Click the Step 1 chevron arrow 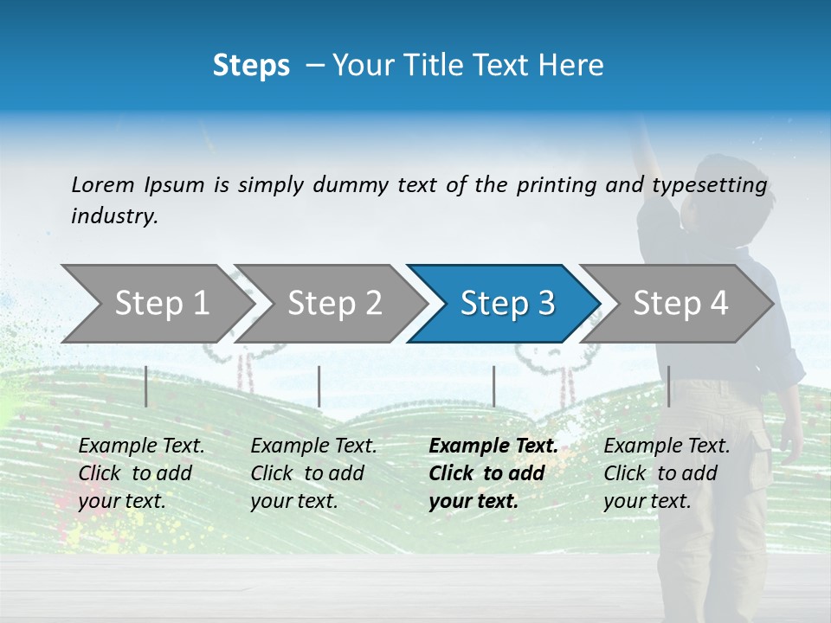pos(156,304)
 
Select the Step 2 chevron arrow pos(334,304)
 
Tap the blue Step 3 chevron pos(506,304)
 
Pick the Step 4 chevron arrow pos(680,304)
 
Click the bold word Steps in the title pos(251,66)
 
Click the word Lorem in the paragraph pos(102,184)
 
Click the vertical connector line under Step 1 pos(146,386)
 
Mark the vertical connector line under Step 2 pos(319,386)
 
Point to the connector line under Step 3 pos(493,386)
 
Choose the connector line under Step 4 pos(668,386)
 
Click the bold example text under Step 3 pos(493,473)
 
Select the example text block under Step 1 pos(141,473)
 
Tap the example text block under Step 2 pos(313,473)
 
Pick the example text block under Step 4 pos(667,473)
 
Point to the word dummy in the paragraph pos(351,185)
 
